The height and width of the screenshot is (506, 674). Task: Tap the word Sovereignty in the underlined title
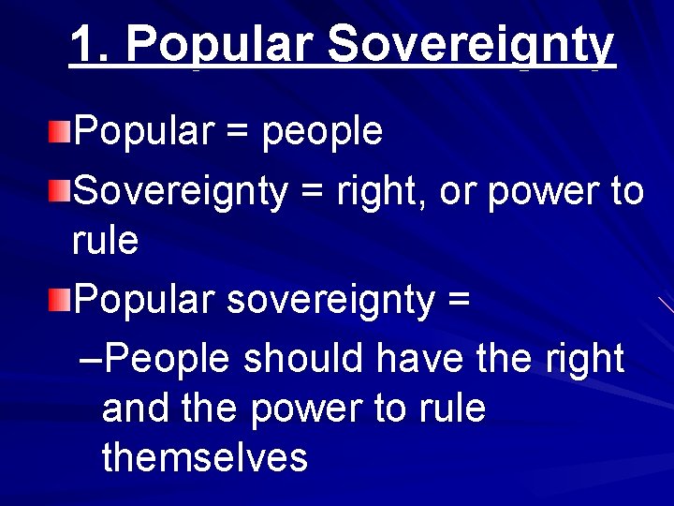click(x=472, y=44)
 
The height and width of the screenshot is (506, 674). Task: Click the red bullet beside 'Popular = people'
click(x=60, y=130)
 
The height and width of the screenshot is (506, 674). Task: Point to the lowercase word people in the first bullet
click(x=322, y=132)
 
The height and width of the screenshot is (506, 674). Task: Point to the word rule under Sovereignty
click(x=105, y=241)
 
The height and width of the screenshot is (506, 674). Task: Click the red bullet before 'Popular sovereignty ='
click(x=60, y=299)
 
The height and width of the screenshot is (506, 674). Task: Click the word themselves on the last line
click(x=204, y=458)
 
